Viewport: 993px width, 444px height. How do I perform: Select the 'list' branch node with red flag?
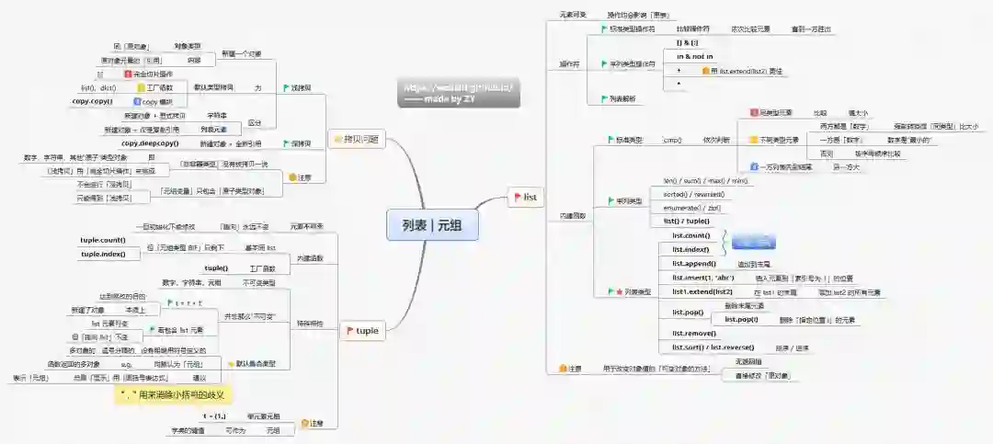coord(526,197)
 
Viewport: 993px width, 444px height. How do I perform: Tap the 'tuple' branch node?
coord(365,330)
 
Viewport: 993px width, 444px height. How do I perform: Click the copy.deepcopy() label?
coord(151,143)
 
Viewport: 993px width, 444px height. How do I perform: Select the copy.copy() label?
coord(93,100)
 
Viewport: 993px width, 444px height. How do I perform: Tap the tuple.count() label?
coord(103,240)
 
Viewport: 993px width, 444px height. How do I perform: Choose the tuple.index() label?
coord(103,254)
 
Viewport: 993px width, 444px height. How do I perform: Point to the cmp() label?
coord(672,141)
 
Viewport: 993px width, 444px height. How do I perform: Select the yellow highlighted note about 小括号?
coord(173,394)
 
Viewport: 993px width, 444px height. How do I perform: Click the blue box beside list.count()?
coord(756,242)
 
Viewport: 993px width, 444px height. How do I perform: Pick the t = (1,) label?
coord(215,416)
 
